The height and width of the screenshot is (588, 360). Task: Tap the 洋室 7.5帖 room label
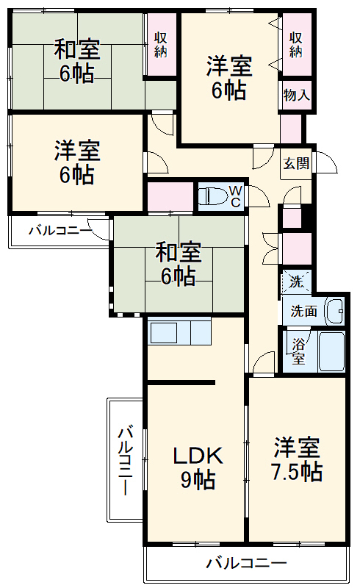click(x=298, y=459)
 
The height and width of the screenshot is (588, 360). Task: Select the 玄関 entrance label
click(x=296, y=164)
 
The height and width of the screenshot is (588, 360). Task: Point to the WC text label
click(x=235, y=196)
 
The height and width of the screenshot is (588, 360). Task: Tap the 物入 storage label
click(x=296, y=95)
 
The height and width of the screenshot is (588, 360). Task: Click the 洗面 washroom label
click(x=303, y=311)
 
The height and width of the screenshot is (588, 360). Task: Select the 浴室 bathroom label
click(x=299, y=351)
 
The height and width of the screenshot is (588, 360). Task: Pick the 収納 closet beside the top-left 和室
click(x=161, y=44)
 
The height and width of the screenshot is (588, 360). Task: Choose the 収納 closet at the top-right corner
click(x=296, y=44)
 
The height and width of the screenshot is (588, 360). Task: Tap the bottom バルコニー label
click(x=246, y=564)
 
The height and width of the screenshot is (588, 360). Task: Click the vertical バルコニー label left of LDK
click(x=125, y=459)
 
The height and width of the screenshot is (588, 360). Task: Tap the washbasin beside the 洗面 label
click(x=335, y=311)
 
